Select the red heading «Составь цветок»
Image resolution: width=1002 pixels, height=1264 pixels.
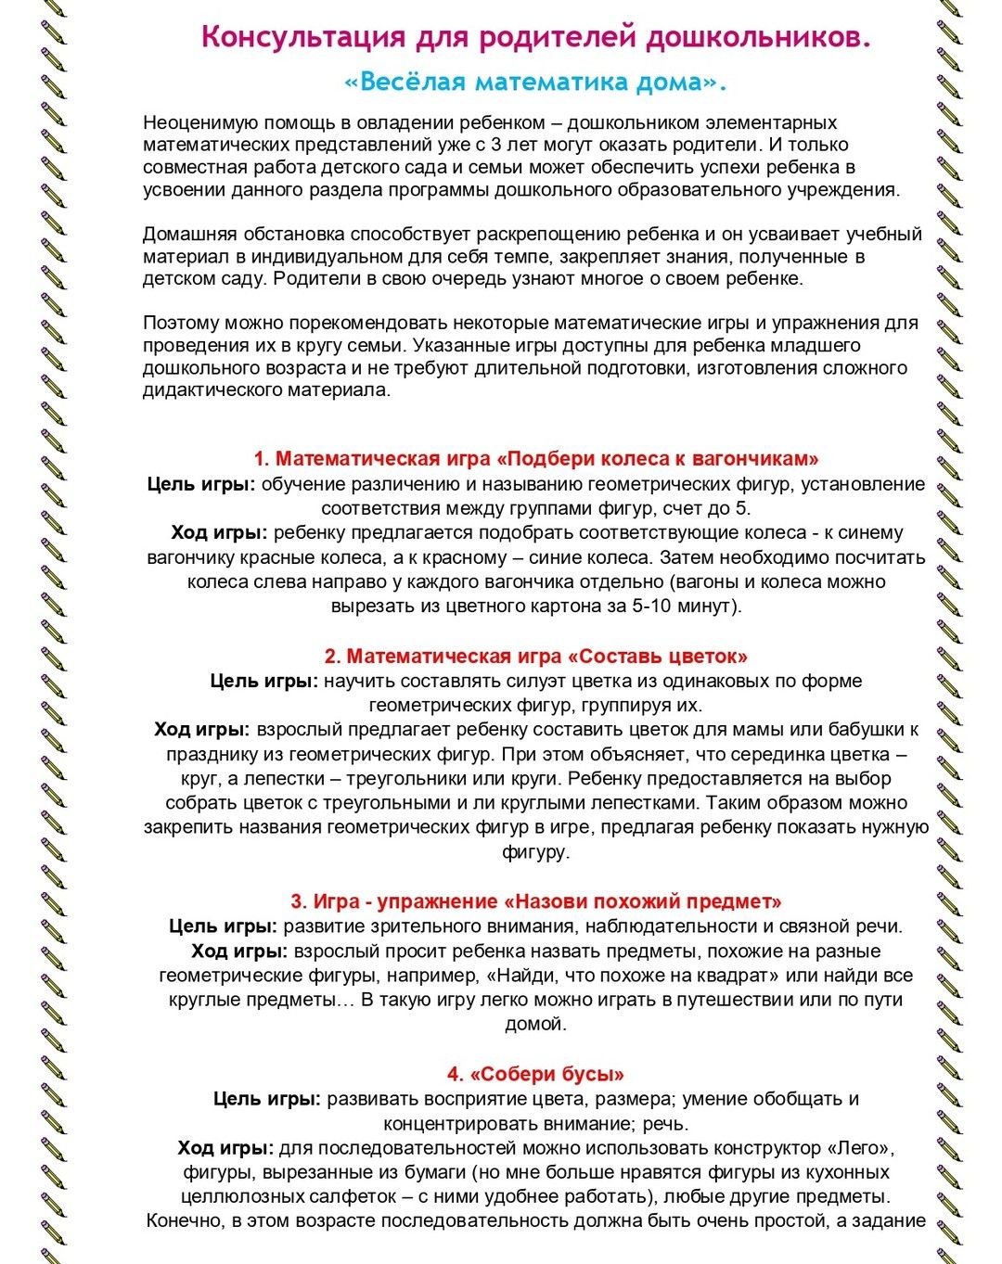coord(659,657)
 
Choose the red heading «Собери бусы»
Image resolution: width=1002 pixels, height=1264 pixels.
coord(547,1074)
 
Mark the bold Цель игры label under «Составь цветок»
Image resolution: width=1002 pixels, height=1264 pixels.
coord(264,681)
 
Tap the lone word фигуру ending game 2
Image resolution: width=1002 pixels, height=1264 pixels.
coord(535,851)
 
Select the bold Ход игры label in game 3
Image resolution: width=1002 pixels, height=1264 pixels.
coord(239,951)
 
